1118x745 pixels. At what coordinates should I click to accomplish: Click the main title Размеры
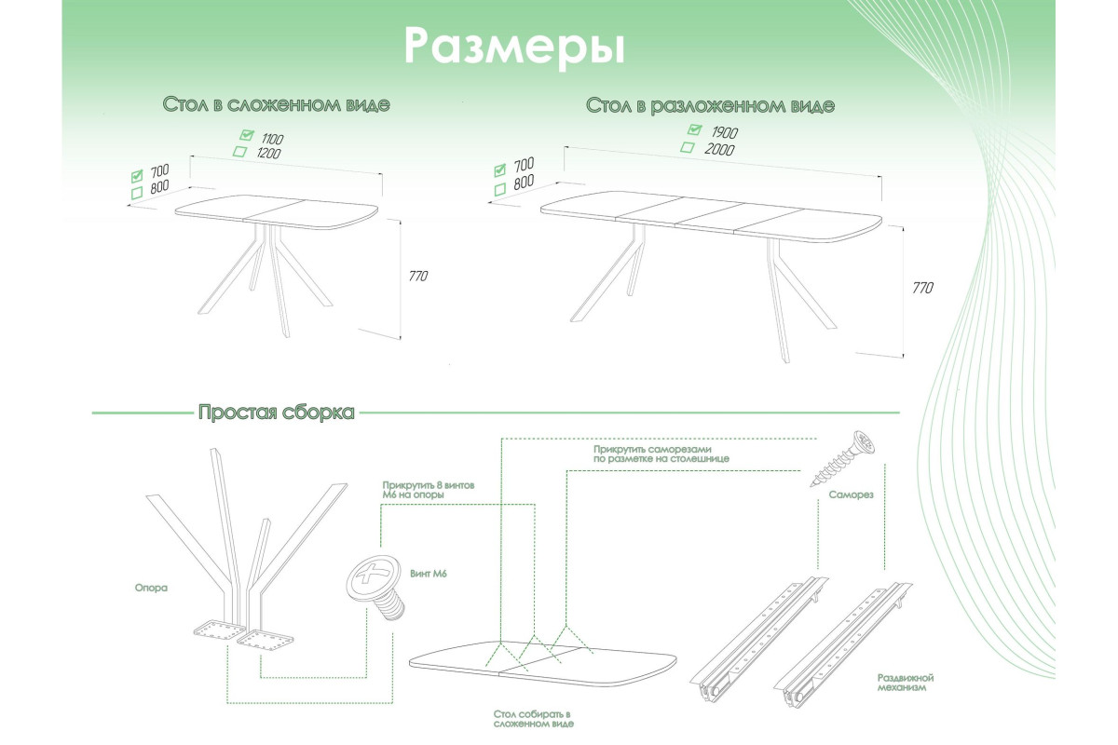[514, 46]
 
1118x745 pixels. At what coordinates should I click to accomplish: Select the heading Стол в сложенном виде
[276, 104]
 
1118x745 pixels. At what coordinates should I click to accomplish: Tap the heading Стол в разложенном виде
[710, 105]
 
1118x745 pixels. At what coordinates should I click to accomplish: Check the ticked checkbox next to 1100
[247, 135]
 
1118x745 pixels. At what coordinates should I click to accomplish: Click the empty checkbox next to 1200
[240, 152]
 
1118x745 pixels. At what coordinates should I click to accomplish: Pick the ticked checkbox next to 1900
[693, 129]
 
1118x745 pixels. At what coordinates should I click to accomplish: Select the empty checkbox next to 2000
[688, 147]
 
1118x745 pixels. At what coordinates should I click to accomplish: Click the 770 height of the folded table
[418, 277]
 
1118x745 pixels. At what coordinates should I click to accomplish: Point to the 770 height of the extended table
[921, 288]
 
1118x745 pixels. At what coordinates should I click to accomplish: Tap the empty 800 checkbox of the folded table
[136, 192]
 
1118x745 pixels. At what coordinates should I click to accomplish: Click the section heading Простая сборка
[276, 413]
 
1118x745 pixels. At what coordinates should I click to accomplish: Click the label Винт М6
[429, 575]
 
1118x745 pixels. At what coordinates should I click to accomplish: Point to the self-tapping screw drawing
[843, 457]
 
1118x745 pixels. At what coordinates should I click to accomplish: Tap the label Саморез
[850, 495]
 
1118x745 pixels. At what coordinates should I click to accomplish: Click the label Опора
[150, 588]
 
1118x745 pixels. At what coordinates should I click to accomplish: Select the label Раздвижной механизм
[905, 684]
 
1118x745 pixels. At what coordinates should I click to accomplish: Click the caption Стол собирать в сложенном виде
[533, 718]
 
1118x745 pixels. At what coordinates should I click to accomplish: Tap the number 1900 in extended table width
[725, 131]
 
